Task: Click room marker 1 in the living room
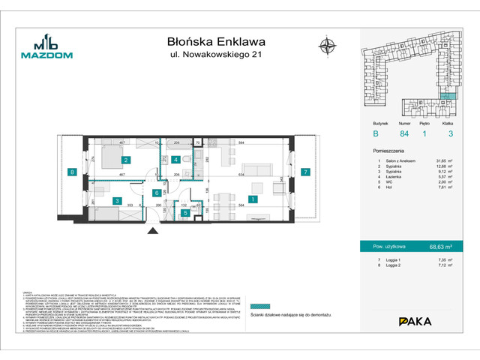pyautogui.click(x=253, y=199)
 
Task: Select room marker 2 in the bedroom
pyautogui.click(x=127, y=160)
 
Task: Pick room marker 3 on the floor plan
pyautogui.click(x=117, y=200)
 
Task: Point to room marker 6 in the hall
pyautogui.click(x=156, y=193)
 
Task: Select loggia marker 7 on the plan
pyautogui.click(x=305, y=172)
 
